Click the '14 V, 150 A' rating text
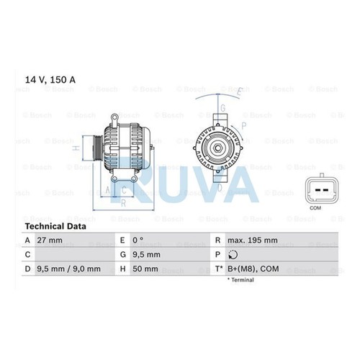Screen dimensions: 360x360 click(x=50, y=80)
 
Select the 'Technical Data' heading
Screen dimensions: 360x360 click(x=55, y=226)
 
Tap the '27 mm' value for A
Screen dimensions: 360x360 click(x=50, y=240)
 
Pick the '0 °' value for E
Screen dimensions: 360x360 click(x=138, y=240)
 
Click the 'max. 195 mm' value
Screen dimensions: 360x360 click(x=253, y=240)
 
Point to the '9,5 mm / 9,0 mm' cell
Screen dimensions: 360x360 click(x=68, y=269)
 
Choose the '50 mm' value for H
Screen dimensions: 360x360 click(x=145, y=269)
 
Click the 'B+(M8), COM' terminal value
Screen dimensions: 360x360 click(x=253, y=269)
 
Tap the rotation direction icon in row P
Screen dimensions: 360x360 click(x=233, y=255)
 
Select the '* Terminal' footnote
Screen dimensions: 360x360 click(x=240, y=280)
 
